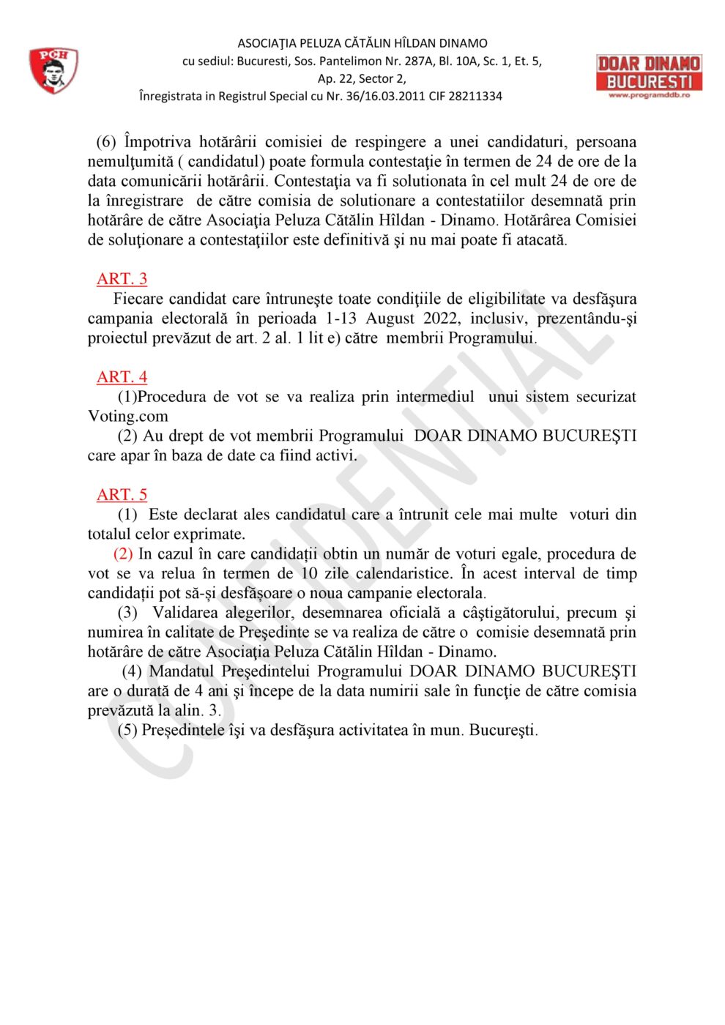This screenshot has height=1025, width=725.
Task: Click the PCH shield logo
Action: [x=53, y=70]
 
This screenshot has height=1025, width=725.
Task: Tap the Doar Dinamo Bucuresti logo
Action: [x=649, y=76]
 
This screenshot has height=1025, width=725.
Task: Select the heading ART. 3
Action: [x=122, y=279]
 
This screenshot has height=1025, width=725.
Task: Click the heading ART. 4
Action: [x=122, y=377]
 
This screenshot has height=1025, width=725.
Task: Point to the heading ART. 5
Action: [x=122, y=495]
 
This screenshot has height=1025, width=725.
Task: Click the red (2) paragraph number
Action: [x=123, y=554]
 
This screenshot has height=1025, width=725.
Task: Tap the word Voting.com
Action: [x=128, y=417]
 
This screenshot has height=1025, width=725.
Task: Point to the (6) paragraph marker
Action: [x=106, y=142]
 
